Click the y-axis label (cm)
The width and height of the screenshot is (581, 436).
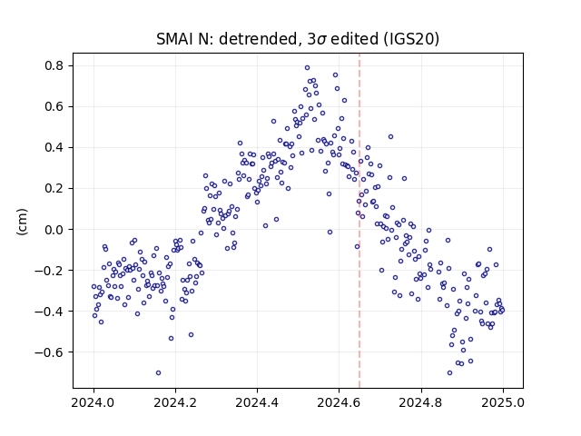point(22,222)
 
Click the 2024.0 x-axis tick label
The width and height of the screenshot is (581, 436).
point(94,402)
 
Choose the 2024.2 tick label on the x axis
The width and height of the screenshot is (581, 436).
point(175,402)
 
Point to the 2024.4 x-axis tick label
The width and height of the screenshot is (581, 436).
point(257,402)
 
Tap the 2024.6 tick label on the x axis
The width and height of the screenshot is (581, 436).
point(339,402)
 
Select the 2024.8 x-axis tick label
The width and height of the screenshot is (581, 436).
point(421,402)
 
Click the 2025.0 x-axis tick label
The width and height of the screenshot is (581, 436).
point(503,402)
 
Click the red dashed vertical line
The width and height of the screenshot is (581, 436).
point(359,221)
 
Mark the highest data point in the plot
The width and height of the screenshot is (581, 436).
point(307,68)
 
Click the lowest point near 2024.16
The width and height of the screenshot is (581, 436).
point(158,373)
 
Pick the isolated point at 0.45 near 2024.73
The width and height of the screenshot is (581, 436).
point(390,137)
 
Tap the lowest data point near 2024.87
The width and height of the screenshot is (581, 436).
point(450,373)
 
